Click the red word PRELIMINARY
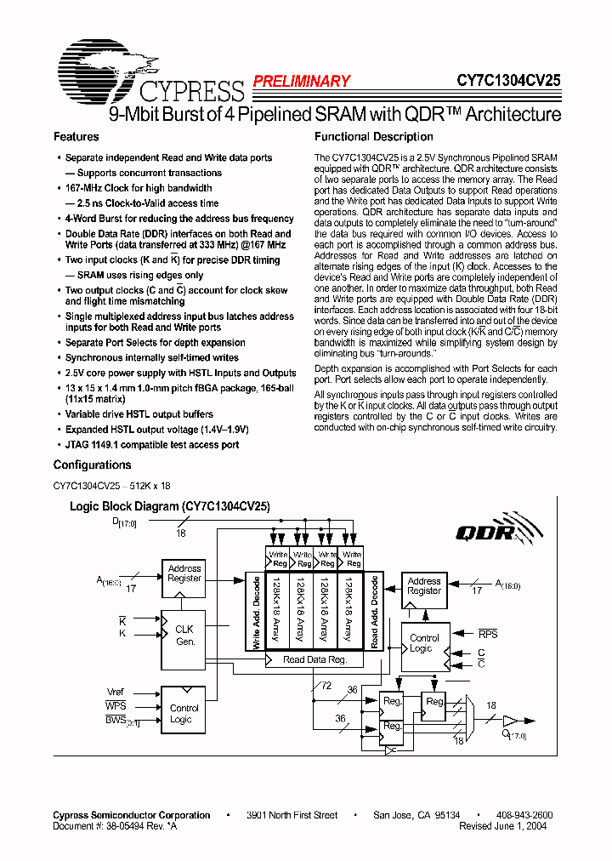pos(301,82)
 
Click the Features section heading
pos(76,137)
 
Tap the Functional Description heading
pos(373,137)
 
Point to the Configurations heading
pos(92,465)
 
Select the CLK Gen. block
pos(184,636)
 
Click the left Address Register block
pos(184,573)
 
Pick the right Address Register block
pos(424,586)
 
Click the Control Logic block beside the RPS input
pos(424,643)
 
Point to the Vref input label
pos(115,692)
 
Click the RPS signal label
pos(488,634)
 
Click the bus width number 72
pos(326,685)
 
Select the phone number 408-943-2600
pos(523,815)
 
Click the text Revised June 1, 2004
pos(502,825)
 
